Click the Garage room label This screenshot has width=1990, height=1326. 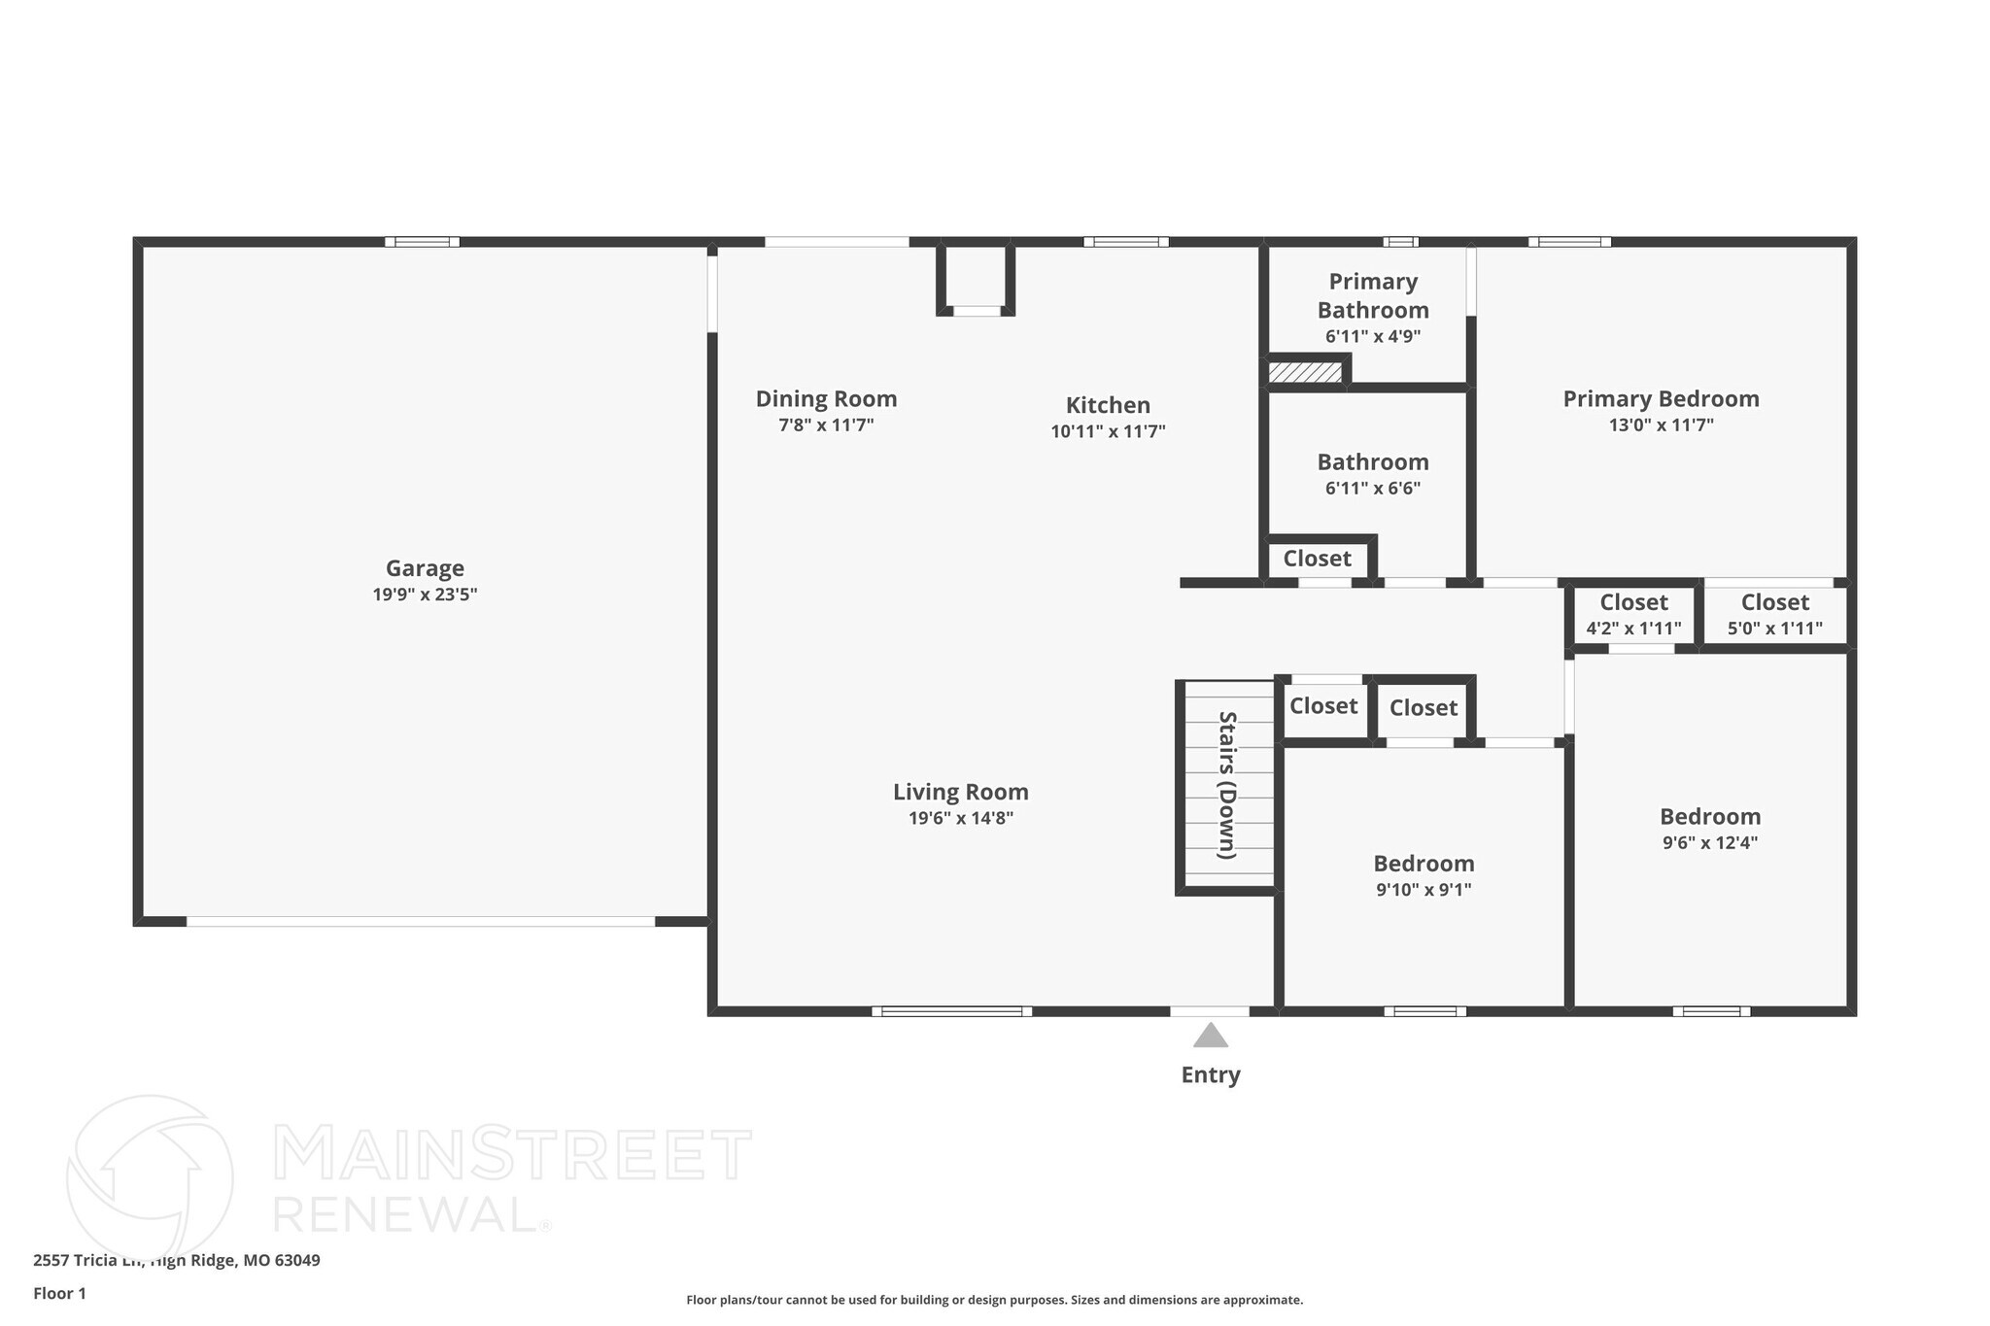click(425, 568)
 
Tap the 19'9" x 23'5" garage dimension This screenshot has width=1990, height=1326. click(425, 595)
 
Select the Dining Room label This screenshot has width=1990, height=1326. click(826, 398)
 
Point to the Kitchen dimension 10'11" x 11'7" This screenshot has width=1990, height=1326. click(1108, 431)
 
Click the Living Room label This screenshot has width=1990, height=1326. click(960, 792)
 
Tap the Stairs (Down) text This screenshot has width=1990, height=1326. click(1227, 785)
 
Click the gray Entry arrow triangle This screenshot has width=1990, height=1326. click(1210, 1037)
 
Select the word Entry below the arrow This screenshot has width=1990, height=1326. click(1210, 1074)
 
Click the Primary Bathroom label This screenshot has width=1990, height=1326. click(1372, 295)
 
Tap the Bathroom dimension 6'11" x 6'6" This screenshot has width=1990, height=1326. click(1372, 489)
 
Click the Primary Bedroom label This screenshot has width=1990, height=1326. click(1661, 398)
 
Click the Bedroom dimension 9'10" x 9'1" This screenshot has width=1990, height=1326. click(1424, 890)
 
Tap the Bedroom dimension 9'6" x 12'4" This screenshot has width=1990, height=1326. click(1709, 842)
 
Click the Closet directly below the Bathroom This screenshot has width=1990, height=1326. click(1317, 559)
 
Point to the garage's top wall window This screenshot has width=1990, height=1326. click(422, 242)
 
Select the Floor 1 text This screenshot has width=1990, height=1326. click(59, 1293)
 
